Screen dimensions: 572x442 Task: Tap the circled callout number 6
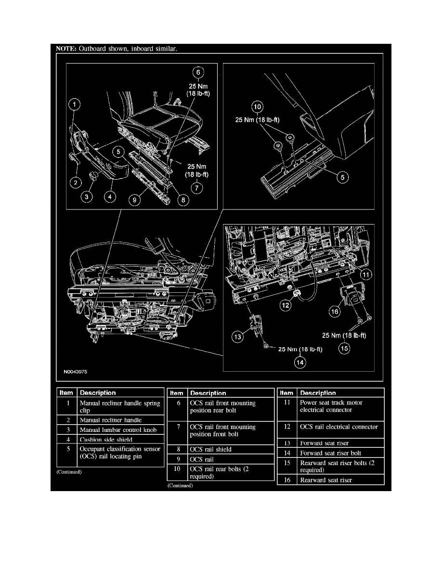click(197, 73)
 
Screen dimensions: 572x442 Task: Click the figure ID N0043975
click(75, 372)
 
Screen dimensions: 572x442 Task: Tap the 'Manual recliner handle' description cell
click(110, 420)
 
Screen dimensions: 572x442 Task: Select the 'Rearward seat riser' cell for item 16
click(326, 480)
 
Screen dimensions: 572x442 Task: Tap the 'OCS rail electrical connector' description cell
click(338, 427)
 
